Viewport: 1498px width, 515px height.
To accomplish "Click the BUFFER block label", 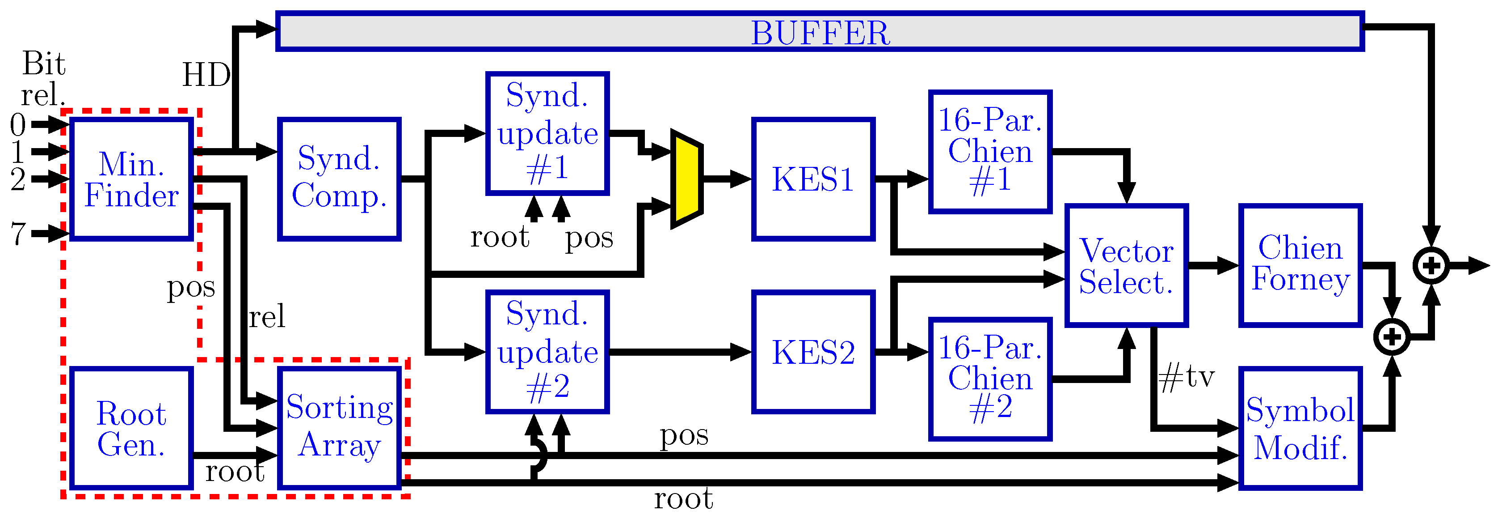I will coord(820,33).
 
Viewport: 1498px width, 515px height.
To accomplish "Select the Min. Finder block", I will coord(131,179).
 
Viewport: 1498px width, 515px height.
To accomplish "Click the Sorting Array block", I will coord(340,428).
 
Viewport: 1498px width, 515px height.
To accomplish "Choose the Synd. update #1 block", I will coord(547,133).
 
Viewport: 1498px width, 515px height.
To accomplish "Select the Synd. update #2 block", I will coord(547,352).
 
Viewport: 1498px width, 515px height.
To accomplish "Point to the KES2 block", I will coord(813,352).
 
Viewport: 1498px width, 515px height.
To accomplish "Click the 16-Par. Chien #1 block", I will coord(990,151).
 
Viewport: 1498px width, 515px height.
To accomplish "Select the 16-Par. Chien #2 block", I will coord(990,379).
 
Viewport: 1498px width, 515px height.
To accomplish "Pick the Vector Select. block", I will coord(1126,265).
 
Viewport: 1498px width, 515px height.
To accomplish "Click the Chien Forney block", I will coord(1300,265).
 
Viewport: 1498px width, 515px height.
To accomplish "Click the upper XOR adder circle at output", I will coord(1431,265).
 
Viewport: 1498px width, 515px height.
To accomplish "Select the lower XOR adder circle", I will coord(1392,336).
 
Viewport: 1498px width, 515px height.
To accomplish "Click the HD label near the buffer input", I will coord(206,76).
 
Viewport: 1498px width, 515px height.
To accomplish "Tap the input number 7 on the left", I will coord(17,234).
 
